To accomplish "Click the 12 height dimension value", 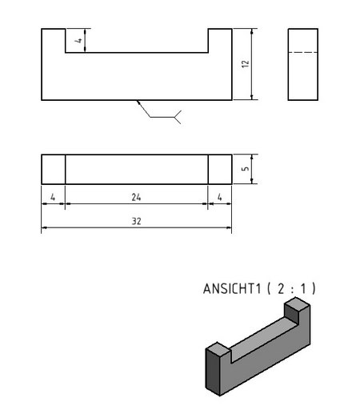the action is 246,64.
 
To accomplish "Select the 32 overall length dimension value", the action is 136,221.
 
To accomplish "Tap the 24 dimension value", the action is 136,197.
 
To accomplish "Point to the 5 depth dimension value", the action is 246,169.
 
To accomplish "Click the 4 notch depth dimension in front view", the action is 78,41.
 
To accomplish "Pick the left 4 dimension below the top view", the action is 53,197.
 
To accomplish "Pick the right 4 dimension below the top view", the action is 219,197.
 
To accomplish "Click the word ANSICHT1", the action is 232,288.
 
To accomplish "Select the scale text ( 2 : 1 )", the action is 291,288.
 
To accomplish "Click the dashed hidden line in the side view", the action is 303,52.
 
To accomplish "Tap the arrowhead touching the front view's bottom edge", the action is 138,102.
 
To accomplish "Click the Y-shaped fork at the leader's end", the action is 178,117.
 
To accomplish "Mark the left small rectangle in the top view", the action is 54,169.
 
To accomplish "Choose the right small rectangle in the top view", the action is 220,169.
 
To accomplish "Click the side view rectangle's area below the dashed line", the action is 303,76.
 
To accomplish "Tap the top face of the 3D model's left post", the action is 218,348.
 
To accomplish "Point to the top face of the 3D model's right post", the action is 297,305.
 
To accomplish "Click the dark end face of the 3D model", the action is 213,372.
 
